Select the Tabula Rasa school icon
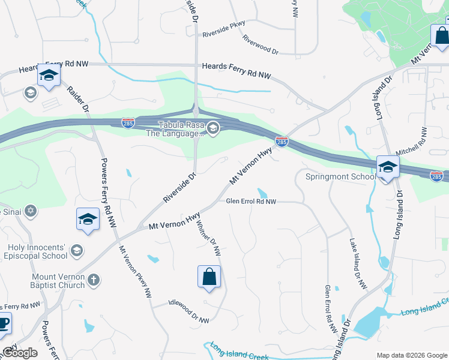point(213,128)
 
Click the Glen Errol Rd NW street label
point(251,202)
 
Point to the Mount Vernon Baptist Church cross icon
point(93,280)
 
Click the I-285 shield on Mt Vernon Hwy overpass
point(282,142)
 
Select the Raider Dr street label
point(78,100)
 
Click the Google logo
point(20,353)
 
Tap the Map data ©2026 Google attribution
point(411,355)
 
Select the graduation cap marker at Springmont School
point(387,167)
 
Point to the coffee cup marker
point(4,323)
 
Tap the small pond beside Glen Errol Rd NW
point(262,193)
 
